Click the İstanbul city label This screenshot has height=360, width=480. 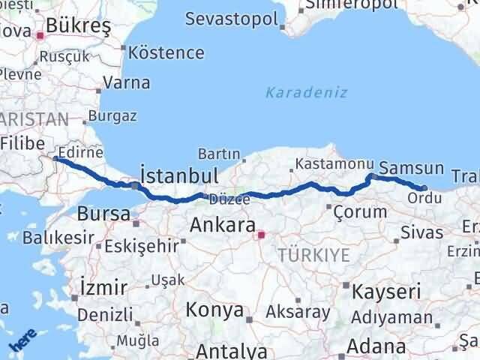pos(179,176)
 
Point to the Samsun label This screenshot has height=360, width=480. pos(411,168)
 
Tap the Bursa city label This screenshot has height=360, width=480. pos(103,213)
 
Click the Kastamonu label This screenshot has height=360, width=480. pos(334,163)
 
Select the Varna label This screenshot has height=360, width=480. pos(127,82)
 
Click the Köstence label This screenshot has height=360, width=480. pos(166,52)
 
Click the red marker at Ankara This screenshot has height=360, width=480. pos(261,235)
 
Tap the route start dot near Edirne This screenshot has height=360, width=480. pos(57,159)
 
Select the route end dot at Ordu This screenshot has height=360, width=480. pos(424,188)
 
